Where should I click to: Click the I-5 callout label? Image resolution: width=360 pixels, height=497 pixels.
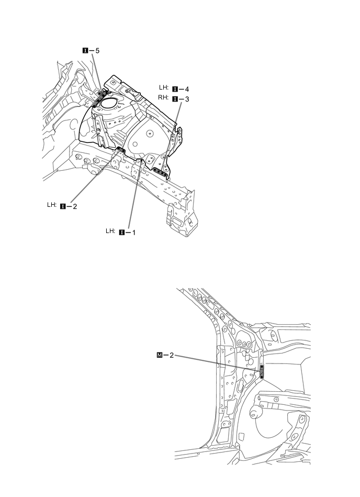[91, 51]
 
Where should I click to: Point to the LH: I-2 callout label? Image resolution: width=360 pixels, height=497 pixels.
[62, 206]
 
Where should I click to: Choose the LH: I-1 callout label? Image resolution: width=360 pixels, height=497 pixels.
[120, 231]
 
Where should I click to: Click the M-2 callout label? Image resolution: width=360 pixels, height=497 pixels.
[165, 355]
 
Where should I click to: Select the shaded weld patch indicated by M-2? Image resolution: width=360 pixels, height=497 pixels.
[262, 370]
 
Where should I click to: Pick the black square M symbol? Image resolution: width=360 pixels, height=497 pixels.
[160, 355]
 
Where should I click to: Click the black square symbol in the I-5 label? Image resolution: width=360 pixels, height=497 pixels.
[85, 51]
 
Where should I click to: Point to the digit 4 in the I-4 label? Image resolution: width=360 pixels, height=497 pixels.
[187, 89]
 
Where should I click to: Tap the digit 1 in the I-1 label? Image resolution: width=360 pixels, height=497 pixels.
[133, 231]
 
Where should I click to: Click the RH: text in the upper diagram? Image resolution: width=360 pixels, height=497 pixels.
[163, 98]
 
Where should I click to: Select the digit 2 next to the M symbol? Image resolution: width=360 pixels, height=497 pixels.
[172, 355]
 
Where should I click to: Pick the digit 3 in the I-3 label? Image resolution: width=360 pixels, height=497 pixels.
[187, 98]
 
